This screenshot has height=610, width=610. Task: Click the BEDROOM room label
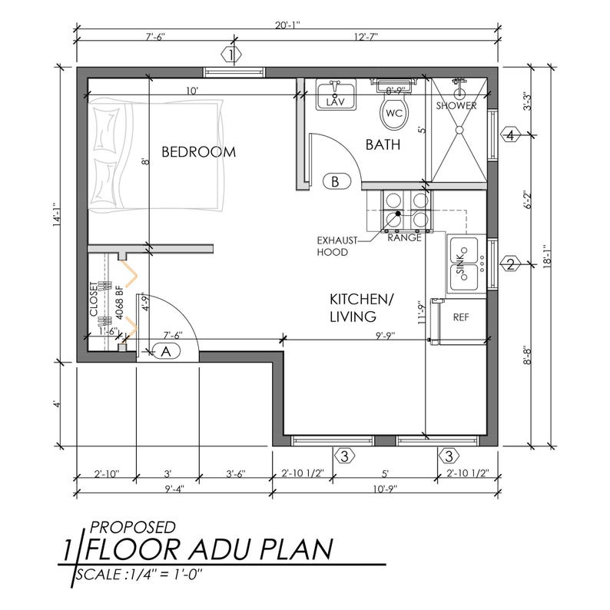tap(198, 152)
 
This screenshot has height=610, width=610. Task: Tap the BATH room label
tap(382, 144)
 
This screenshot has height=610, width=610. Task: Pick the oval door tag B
tap(335, 182)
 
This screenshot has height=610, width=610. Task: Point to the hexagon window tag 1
tap(231, 55)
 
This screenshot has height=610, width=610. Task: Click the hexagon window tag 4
tap(510, 135)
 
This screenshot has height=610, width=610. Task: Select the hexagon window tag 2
tap(510, 266)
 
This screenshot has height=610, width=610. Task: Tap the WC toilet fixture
tap(393, 112)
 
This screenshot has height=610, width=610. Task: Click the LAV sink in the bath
tap(336, 98)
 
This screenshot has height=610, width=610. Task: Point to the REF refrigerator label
tap(461, 317)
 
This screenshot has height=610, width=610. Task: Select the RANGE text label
tap(403, 238)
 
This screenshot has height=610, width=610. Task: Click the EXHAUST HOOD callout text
tap(337, 246)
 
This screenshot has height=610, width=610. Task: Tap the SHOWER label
tap(456, 106)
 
